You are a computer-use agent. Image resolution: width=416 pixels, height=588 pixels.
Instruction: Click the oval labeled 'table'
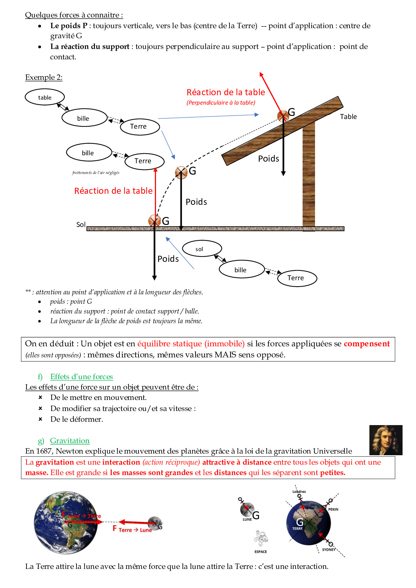45,97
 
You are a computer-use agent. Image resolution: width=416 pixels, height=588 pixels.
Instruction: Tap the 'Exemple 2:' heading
44,77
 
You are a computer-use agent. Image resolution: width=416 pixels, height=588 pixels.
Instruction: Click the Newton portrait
385,440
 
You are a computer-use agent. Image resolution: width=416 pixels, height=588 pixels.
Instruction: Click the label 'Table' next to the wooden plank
348,117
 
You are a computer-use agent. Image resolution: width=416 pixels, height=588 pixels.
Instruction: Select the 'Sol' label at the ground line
81,225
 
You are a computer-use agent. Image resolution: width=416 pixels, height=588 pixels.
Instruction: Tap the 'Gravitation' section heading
70,440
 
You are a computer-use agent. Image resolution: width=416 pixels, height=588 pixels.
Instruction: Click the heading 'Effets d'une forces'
82,376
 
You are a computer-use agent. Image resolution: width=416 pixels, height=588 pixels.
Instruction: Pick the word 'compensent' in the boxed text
367,344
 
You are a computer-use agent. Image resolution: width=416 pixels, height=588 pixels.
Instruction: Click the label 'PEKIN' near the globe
333,509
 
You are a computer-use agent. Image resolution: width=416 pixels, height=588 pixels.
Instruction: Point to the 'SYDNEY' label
328,549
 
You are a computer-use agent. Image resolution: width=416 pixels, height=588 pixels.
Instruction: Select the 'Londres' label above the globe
299,491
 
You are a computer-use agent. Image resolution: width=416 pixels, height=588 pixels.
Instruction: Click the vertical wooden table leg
309,174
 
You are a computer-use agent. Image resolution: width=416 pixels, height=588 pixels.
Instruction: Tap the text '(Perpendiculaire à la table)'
221,103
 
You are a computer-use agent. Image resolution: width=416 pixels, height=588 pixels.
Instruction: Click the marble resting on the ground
154,220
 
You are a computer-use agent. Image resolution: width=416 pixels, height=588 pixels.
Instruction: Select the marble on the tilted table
283,116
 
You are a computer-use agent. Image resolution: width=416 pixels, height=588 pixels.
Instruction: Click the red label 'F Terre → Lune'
133,529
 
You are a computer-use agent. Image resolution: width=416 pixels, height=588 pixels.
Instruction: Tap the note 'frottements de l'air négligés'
96,173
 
